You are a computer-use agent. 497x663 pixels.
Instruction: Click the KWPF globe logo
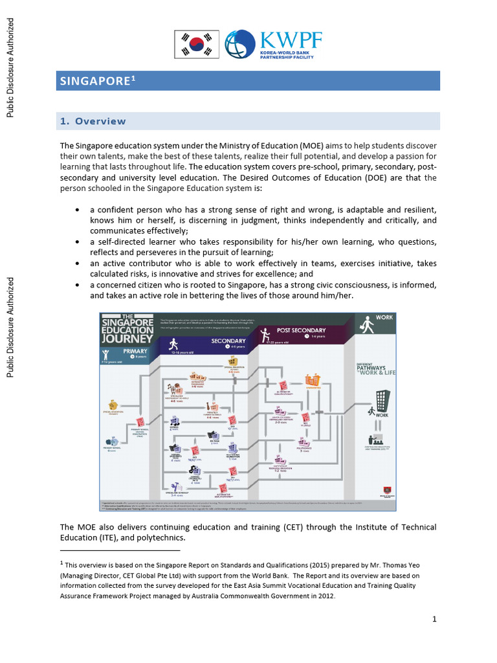click(240, 44)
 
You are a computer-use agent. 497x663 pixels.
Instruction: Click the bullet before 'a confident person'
click(78, 210)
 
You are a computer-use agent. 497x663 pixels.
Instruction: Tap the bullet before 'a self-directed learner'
click(78, 242)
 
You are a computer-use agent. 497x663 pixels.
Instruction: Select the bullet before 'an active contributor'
click(78, 264)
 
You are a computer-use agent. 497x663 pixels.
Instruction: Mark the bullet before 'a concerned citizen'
click(78, 285)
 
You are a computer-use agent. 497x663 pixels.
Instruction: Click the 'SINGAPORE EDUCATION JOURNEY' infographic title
click(127, 332)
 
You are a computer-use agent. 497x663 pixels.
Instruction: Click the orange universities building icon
click(313, 381)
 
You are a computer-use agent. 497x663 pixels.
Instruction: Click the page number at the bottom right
click(435, 619)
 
